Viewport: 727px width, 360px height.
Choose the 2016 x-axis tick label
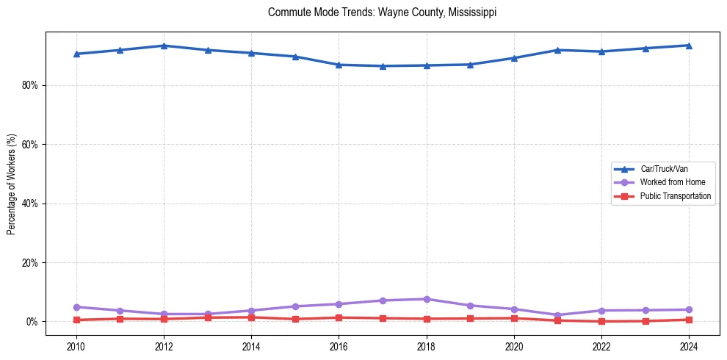[x=339, y=345]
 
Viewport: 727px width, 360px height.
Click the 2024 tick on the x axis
[x=688, y=345]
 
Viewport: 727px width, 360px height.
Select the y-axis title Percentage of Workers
[x=12, y=184]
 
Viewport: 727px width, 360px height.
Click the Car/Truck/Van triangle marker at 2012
[x=164, y=46]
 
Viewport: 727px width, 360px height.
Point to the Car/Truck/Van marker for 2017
[x=383, y=66]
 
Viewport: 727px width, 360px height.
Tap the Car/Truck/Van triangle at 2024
[x=688, y=46]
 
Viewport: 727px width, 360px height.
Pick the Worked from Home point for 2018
[x=426, y=299]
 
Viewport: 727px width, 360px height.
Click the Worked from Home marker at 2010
[x=76, y=307]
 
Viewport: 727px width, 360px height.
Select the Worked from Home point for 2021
[x=557, y=315]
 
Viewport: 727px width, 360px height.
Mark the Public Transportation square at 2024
[x=688, y=320]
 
